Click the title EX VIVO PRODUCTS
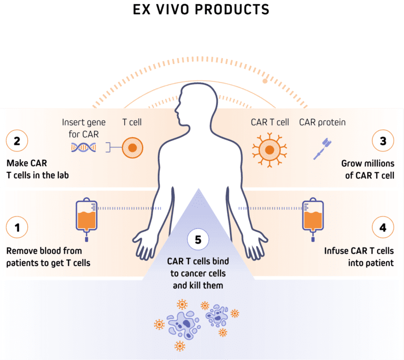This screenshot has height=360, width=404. (201, 9)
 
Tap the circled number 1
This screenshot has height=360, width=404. (17, 228)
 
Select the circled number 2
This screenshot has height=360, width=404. (17, 141)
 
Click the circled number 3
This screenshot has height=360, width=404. (382, 141)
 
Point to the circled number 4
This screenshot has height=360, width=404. (382, 228)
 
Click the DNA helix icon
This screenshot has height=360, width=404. (84, 148)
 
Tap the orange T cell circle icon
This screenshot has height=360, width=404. (133, 148)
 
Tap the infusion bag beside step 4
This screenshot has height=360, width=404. (313, 215)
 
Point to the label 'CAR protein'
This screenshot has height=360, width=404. (322, 122)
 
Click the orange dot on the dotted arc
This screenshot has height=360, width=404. (265, 81)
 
